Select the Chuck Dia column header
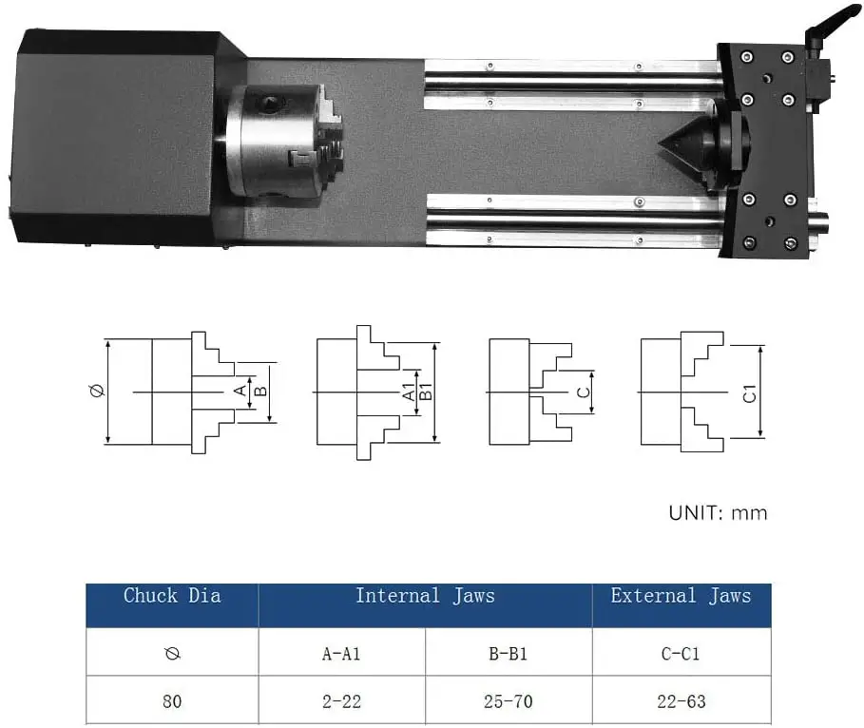tap(172, 597)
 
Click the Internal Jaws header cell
tap(425, 597)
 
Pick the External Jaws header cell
tap(681, 597)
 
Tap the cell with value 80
tap(172, 702)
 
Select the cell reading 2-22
tap(341, 702)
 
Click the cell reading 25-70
tap(509, 702)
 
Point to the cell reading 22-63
tap(681, 702)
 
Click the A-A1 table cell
tap(341, 653)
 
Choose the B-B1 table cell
tap(509, 653)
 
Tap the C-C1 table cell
tap(681, 653)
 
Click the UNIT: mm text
tap(718, 513)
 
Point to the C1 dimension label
tap(749, 392)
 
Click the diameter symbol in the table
tap(172, 653)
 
